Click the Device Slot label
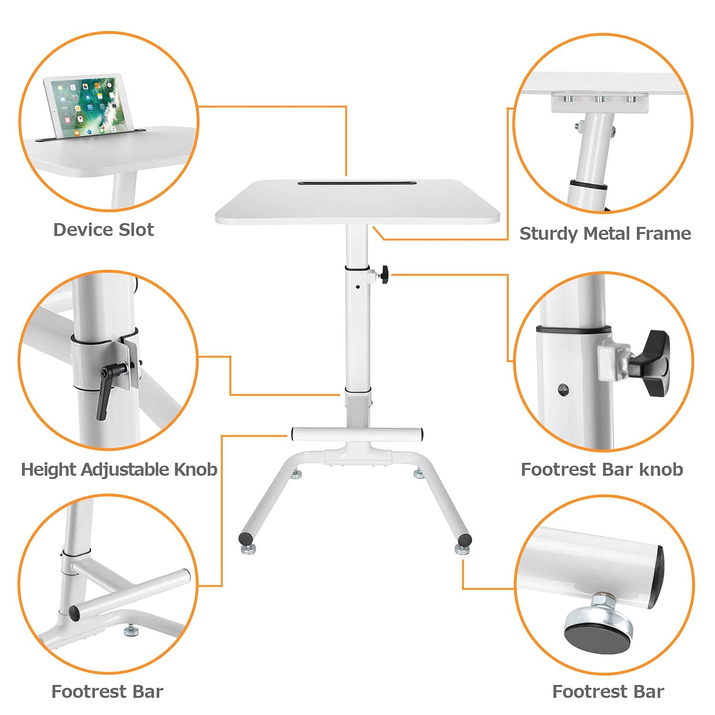click(103, 230)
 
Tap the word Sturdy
click(549, 234)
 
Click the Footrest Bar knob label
click(602, 470)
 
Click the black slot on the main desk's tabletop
click(357, 183)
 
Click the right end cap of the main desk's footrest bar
click(422, 434)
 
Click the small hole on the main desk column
click(357, 287)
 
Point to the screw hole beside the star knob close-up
click(563, 389)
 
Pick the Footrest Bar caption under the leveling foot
click(608, 692)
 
